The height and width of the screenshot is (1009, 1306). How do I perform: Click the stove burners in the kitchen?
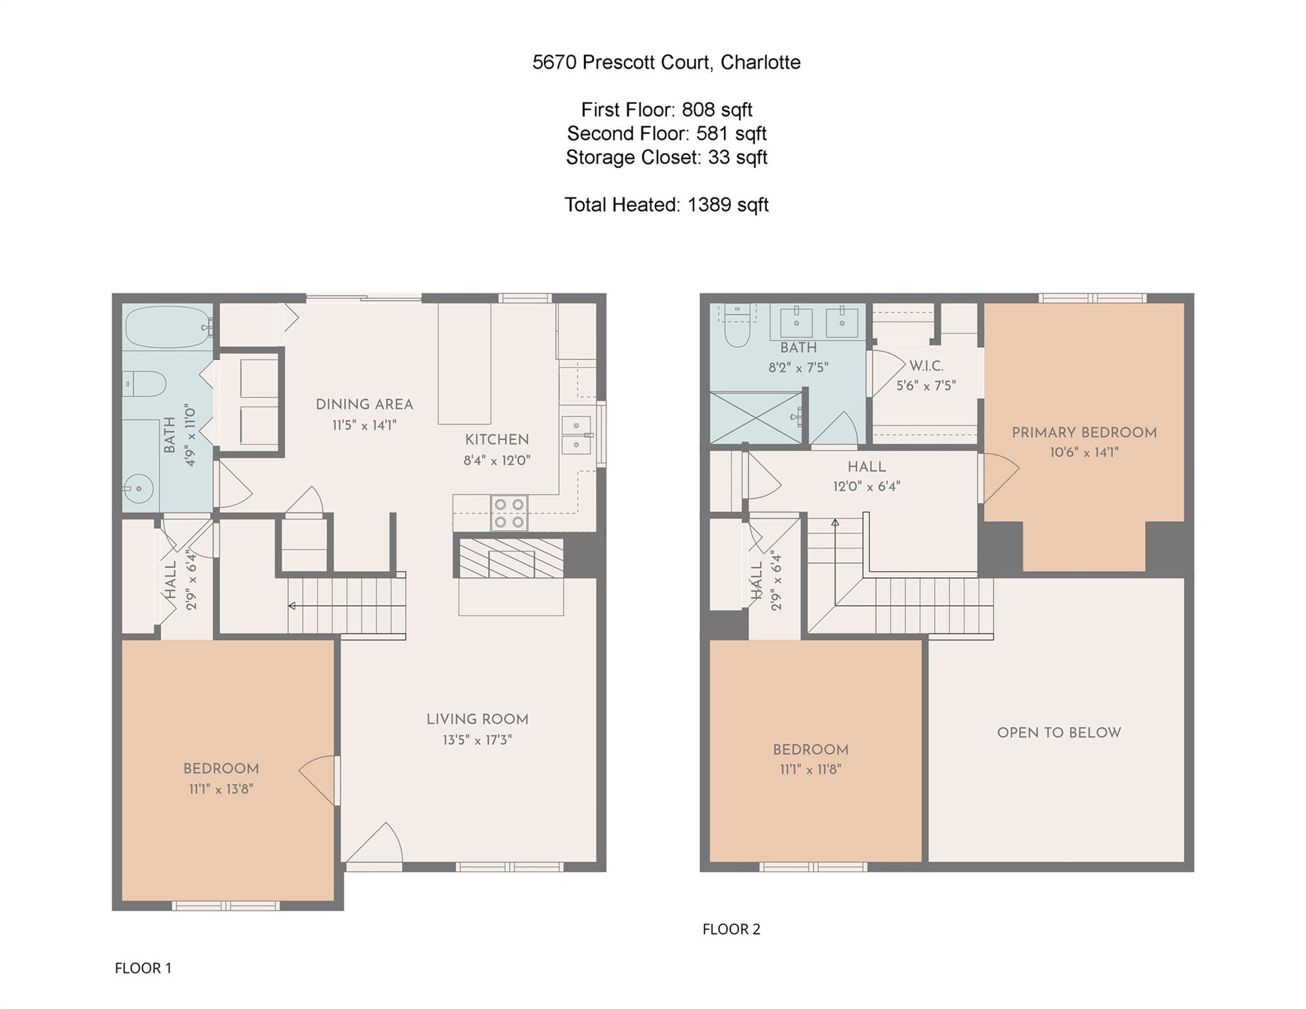pyautogui.click(x=510, y=513)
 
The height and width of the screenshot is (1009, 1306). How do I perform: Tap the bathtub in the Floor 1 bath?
pyautogui.click(x=168, y=326)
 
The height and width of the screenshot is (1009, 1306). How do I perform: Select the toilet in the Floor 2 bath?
pyautogui.click(x=737, y=328)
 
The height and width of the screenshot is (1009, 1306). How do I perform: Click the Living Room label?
pyautogui.click(x=477, y=719)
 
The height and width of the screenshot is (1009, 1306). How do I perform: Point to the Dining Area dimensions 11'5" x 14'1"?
pyautogui.click(x=364, y=425)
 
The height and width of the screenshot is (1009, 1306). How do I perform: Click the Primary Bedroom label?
pyautogui.click(x=1083, y=433)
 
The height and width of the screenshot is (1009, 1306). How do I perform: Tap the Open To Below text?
pyautogui.click(x=1058, y=733)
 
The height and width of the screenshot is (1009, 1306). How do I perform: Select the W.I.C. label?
pyautogui.click(x=926, y=366)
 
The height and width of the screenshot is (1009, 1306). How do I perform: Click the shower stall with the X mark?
pyautogui.click(x=756, y=418)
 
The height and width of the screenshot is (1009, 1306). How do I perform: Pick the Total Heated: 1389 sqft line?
pyautogui.click(x=666, y=205)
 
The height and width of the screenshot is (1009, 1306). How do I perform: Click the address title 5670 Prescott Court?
pyautogui.click(x=666, y=62)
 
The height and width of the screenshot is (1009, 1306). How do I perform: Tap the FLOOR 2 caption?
pyautogui.click(x=731, y=929)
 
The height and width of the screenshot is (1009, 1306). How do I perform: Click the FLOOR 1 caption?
pyautogui.click(x=143, y=968)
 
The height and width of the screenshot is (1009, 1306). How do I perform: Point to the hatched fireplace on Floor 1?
pyautogui.click(x=510, y=558)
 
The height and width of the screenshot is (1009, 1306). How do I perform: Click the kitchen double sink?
pyautogui.click(x=576, y=435)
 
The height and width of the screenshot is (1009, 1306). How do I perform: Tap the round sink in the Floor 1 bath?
pyautogui.click(x=138, y=489)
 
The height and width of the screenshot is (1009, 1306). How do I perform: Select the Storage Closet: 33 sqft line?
pyautogui.click(x=666, y=158)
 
